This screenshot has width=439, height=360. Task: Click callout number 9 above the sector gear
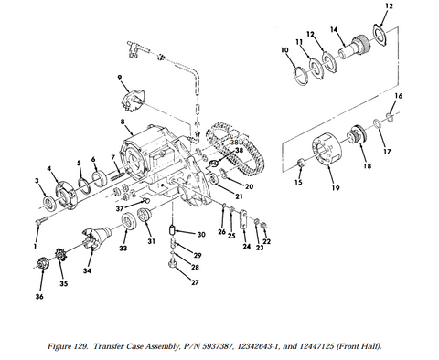(x=120, y=78)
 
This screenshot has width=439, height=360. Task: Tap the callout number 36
(x=39, y=296)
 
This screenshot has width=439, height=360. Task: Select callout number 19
(x=336, y=188)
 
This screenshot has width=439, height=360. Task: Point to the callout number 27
(x=195, y=282)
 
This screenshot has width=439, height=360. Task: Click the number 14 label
(x=334, y=29)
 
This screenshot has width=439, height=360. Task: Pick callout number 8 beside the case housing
(x=123, y=122)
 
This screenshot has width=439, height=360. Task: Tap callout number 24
(x=246, y=246)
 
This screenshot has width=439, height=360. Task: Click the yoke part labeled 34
(x=95, y=239)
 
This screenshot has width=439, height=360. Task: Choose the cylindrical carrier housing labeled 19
(x=327, y=150)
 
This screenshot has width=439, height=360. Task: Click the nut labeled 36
(x=42, y=263)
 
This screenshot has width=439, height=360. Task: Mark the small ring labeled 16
(x=390, y=117)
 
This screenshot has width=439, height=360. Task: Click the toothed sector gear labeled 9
(x=134, y=101)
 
